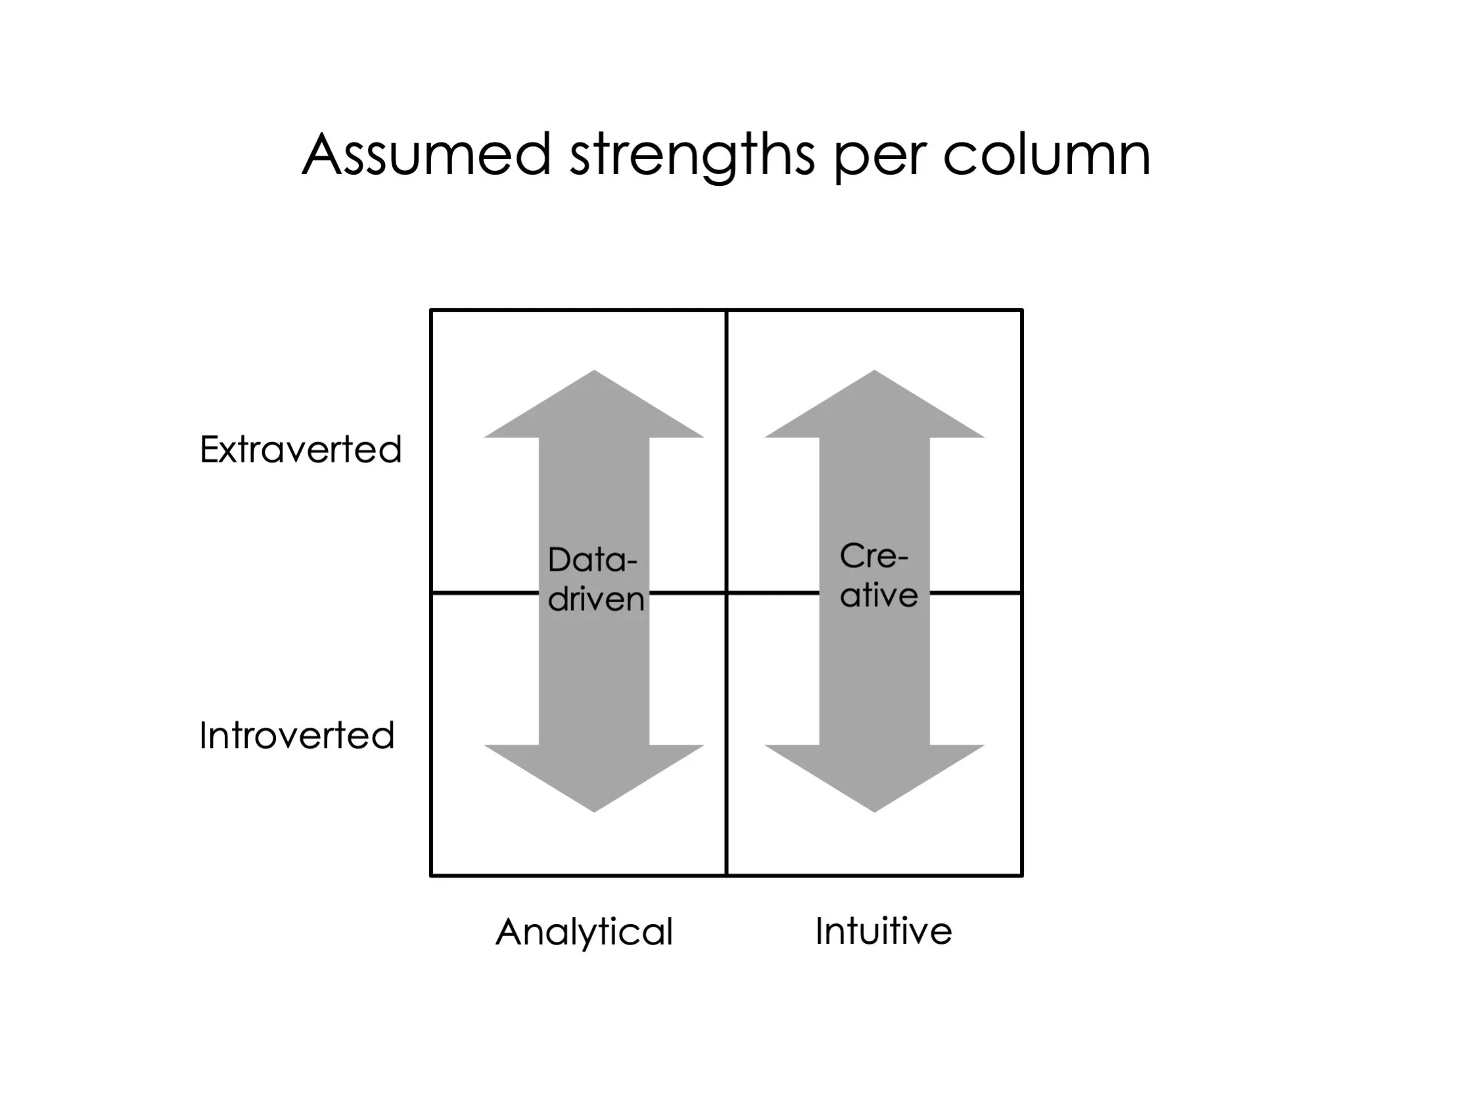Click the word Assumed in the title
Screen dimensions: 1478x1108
[427, 155]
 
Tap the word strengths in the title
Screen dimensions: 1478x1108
[691, 155]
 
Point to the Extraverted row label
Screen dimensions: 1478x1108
[301, 449]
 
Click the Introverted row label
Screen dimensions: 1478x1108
[296, 736]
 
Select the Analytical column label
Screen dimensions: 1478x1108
[584, 932]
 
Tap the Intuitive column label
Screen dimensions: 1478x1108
[883, 931]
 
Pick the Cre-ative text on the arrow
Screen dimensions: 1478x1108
[877, 575]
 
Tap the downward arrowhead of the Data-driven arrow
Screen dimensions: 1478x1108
[594, 775]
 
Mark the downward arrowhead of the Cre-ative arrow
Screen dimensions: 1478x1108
[874, 775]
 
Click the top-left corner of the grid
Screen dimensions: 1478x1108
[432, 311]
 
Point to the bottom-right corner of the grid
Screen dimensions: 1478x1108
[1022, 875]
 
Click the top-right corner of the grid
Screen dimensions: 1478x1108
[1022, 311]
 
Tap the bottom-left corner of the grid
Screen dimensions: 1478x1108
[432, 875]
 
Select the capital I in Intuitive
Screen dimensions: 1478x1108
[820, 931]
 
